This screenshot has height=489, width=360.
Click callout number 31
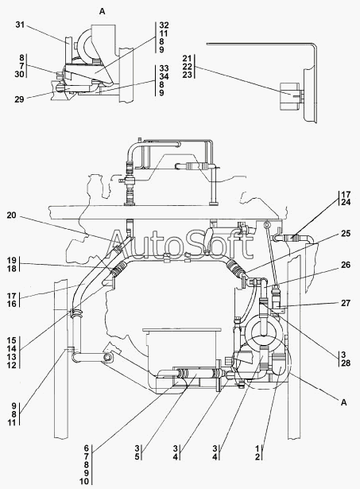(20, 25)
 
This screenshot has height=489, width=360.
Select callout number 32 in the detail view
(164, 25)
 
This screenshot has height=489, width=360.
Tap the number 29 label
(19, 99)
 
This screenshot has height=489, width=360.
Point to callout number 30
(19, 74)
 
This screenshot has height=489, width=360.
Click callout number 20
(12, 215)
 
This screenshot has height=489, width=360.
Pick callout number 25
(346, 233)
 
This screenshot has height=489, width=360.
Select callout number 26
(346, 265)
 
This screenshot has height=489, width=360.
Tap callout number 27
(346, 303)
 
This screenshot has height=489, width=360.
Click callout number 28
(346, 363)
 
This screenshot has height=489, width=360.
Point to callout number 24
(346, 203)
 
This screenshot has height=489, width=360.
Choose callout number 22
(188, 67)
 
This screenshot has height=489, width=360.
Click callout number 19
(12, 260)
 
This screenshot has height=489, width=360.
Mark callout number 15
(12, 340)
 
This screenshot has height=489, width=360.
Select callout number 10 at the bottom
(84, 481)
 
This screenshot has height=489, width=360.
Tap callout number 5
(137, 457)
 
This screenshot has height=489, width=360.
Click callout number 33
(164, 68)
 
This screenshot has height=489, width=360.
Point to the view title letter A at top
(103, 12)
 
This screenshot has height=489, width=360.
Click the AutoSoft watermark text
(180, 245)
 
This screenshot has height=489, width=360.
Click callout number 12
(12, 365)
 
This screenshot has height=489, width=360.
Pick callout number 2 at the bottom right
(257, 457)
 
